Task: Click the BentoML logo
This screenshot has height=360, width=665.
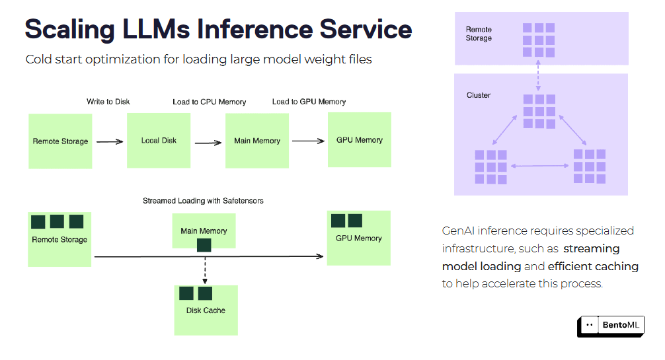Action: coord(610,325)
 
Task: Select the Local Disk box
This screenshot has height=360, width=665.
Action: coord(159,141)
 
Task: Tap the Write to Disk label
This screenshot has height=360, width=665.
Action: coord(108,102)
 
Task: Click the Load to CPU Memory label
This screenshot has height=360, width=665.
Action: coord(209,102)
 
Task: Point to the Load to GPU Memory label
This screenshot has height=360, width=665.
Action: coord(309,102)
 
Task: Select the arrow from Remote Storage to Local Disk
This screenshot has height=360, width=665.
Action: coord(110,141)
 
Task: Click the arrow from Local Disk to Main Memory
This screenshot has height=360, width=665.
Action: coord(208,141)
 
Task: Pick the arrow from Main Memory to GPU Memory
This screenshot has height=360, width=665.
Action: coord(307,141)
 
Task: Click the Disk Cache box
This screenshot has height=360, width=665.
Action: coord(206,310)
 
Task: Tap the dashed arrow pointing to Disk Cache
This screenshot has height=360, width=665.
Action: coord(204,268)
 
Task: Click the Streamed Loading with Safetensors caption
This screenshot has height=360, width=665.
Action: coord(203,201)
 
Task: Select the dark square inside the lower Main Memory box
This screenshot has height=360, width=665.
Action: coord(204,245)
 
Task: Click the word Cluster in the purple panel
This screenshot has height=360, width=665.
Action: coord(479,95)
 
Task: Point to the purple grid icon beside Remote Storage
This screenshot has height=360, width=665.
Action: coord(539,40)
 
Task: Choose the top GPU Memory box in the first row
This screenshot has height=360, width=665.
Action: coord(359,139)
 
